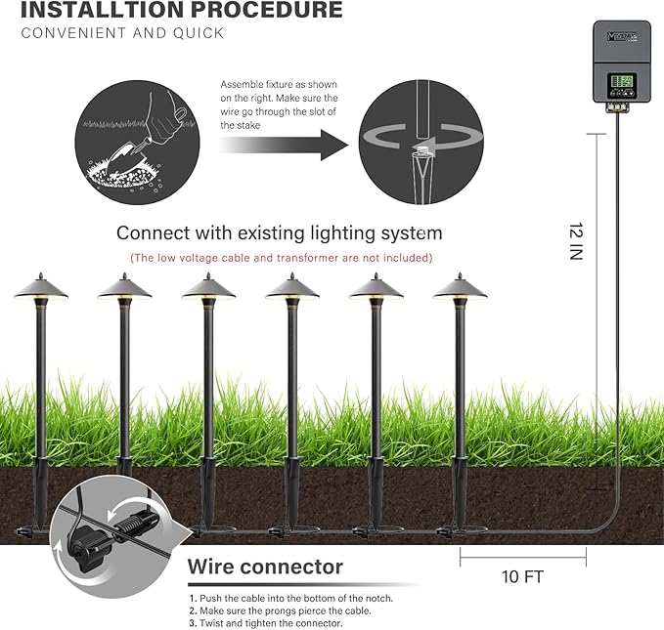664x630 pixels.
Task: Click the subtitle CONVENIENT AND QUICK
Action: [122, 33]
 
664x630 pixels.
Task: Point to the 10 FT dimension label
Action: [522, 576]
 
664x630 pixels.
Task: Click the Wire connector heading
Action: [265, 567]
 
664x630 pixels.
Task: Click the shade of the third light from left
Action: [207, 286]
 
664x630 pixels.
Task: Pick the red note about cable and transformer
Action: [281, 258]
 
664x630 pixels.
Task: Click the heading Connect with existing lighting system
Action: [279, 233]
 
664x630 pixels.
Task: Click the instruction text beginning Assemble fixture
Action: [279, 105]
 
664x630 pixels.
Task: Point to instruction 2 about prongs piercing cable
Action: [280, 610]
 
